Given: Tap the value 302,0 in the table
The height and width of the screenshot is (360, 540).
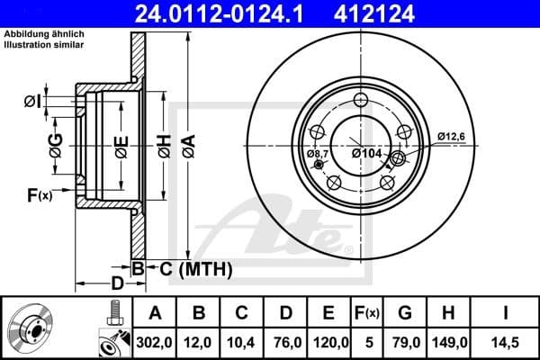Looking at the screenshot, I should (155, 342).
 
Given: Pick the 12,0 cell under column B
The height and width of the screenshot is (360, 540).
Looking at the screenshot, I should (199, 342).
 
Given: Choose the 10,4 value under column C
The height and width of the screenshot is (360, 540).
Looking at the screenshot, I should (241, 342).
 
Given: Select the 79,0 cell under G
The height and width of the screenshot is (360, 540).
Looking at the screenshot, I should (405, 342).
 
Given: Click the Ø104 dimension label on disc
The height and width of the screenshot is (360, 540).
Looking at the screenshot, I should (367, 154).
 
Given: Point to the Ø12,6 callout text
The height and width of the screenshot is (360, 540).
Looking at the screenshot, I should (452, 136).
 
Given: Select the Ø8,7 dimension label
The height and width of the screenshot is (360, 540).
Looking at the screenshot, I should (319, 154).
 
